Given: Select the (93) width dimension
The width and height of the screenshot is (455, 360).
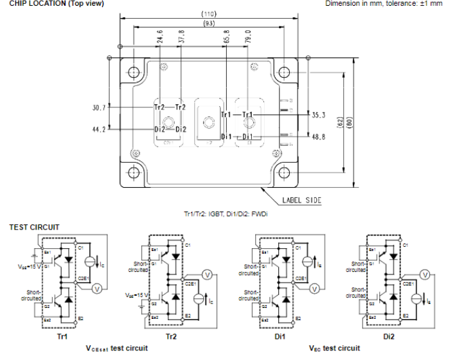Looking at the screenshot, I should click(x=209, y=24).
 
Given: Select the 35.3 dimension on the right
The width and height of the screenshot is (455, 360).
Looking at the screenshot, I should click(x=319, y=117).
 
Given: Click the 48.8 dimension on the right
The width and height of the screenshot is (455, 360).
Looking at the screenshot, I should click(x=319, y=137).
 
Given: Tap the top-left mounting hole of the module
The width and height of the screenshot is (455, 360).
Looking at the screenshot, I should click(x=134, y=72).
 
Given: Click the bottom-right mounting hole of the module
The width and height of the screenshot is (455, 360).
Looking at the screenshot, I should click(x=283, y=172).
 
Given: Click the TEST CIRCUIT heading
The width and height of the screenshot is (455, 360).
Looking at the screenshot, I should click(x=34, y=227).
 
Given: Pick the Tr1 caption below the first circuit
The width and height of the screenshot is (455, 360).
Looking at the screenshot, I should click(x=63, y=336).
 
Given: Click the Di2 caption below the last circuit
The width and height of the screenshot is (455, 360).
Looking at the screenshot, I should click(x=389, y=336).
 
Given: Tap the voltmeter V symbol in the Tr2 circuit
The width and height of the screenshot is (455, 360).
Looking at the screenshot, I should click(x=207, y=274).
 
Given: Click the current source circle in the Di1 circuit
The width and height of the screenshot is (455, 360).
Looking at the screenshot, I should click(x=307, y=262).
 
